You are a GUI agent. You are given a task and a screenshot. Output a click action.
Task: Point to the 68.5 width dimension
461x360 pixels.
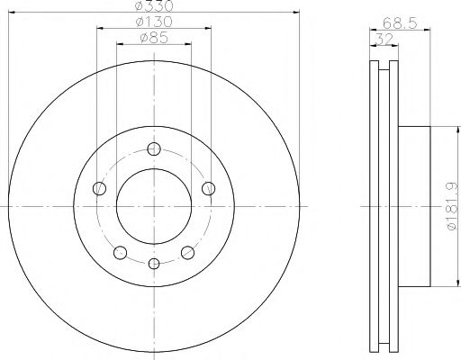click(x=390, y=22)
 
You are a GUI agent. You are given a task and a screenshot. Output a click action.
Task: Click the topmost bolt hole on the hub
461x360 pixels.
click(x=154, y=149)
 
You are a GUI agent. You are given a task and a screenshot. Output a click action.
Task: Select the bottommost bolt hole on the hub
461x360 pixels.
click(x=154, y=264)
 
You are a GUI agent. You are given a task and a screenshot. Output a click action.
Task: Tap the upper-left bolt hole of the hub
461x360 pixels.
click(x=100, y=188)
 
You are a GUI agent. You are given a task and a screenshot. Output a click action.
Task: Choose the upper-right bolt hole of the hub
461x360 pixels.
click(x=208, y=188)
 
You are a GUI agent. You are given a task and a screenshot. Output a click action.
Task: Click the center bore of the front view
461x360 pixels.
click(x=154, y=207)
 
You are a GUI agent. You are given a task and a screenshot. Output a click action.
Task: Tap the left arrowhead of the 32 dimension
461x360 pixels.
click(x=374, y=45)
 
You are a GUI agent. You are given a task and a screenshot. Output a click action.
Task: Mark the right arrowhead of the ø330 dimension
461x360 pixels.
click(x=295, y=12)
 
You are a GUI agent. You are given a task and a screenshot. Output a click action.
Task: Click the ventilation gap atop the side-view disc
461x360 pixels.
click(x=385, y=66)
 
